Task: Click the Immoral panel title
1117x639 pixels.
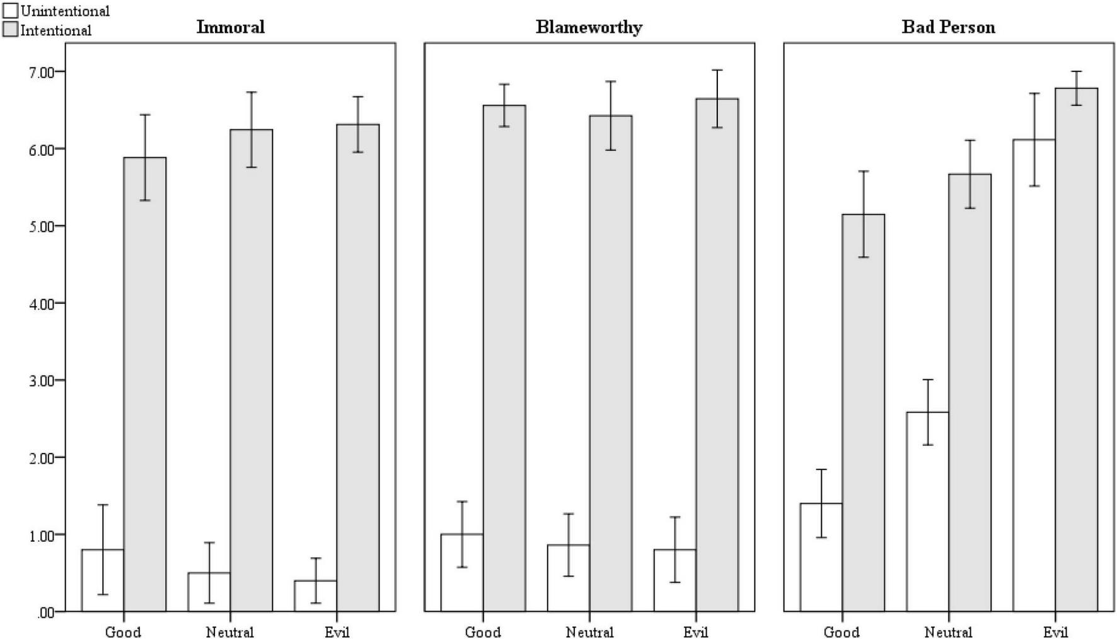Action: [x=230, y=27]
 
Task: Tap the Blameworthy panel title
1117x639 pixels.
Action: [x=589, y=27]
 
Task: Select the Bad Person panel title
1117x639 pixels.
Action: [x=948, y=27]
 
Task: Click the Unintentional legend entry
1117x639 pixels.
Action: [x=57, y=11]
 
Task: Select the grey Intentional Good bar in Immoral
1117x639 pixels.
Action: [x=145, y=385]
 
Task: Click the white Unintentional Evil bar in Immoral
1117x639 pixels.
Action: [x=315, y=595]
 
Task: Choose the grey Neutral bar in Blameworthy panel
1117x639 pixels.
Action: [x=611, y=363]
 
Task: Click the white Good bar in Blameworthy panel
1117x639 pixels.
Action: [x=461, y=573]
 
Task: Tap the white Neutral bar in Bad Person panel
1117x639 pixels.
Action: [x=927, y=511]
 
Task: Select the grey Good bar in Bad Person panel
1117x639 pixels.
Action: [x=864, y=413]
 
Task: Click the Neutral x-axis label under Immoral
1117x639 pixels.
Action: [x=229, y=632]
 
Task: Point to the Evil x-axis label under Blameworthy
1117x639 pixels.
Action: [x=695, y=632]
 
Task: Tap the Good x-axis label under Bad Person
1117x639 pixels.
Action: [x=842, y=632]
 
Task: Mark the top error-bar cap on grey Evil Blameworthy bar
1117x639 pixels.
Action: [x=717, y=70]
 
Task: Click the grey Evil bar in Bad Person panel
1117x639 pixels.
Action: [x=1077, y=350]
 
